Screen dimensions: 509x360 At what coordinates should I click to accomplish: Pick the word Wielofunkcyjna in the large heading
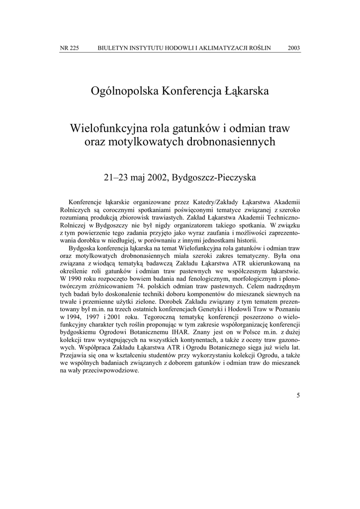point(105,128)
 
